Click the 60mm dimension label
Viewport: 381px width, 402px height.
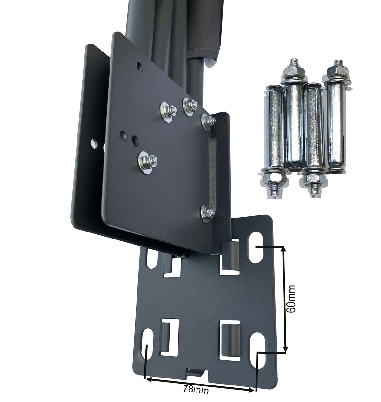291,299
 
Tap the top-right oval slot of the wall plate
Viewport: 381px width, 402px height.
256,247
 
